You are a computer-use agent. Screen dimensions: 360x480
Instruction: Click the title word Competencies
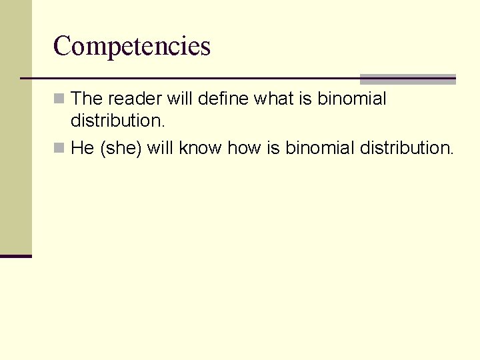131,46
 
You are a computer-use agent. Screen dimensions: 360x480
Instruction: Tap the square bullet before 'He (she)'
59,148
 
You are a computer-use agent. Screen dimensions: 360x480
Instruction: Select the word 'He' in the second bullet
82,148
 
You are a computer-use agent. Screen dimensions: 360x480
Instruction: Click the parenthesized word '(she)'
121,148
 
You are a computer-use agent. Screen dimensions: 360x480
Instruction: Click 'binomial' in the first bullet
351,99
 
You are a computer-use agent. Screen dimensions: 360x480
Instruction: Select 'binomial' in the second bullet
320,148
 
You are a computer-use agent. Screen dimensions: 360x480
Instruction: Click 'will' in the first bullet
179,99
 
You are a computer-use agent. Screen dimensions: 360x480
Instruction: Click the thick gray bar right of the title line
407,79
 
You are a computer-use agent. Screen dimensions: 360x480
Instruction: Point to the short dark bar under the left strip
16,256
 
